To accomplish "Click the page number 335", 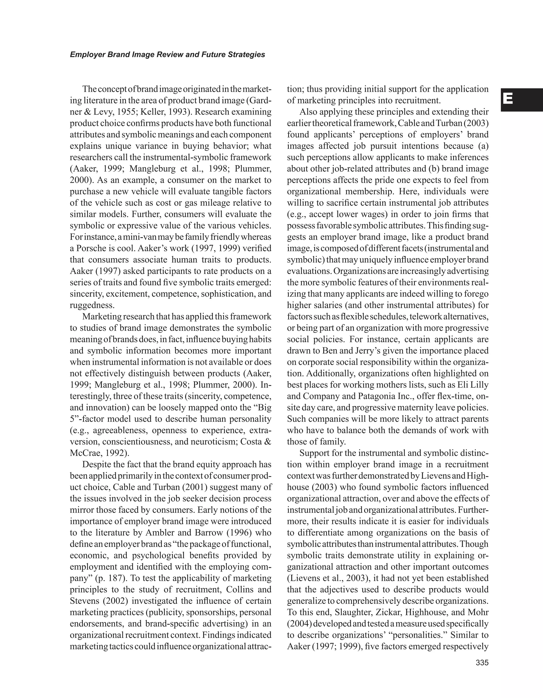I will [482, 663].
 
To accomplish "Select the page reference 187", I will [115, 578].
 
